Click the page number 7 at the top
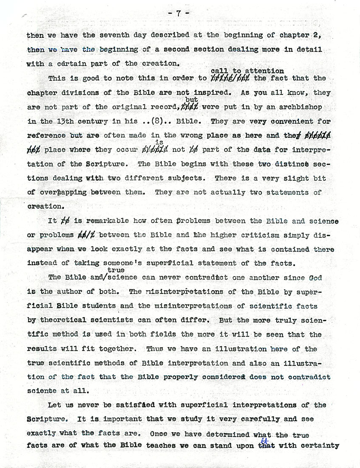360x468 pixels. [x=179, y=13]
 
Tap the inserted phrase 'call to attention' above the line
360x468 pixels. [x=247, y=71]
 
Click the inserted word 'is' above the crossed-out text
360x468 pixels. [x=159, y=143]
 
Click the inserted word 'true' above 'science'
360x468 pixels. [x=116, y=270]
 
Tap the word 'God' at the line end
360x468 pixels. [x=315, y=277]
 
